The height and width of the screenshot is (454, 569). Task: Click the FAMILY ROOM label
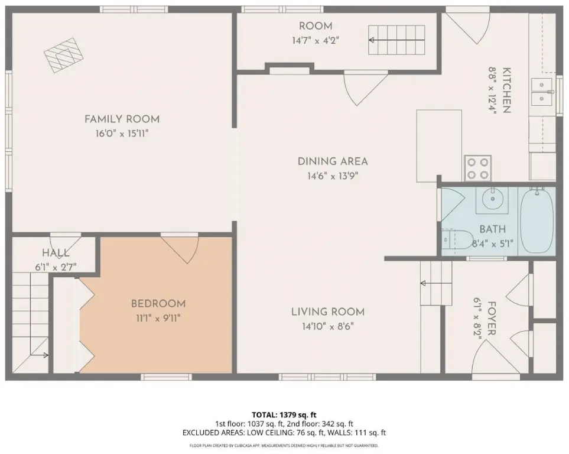[122, 119]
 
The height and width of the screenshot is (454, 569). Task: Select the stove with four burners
[477, 168]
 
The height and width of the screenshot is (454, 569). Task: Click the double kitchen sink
[542, 92]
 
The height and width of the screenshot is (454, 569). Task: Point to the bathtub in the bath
[537, 221]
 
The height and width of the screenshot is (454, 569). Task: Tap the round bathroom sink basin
[492, 199]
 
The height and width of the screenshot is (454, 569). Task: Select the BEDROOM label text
[158, 304]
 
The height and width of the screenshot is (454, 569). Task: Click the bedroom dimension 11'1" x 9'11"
[158, 319]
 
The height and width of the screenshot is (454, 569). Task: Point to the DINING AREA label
[333, 161]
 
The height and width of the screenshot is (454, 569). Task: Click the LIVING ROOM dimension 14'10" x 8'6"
[328, 326]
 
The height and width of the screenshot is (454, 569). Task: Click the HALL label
[56, 253]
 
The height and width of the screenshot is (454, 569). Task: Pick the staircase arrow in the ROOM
[396, 40]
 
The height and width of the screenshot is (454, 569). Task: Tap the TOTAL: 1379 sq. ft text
[284, 414]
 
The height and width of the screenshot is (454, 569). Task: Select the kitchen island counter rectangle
[439, 145]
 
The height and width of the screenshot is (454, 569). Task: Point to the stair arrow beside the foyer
[436, 283]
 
